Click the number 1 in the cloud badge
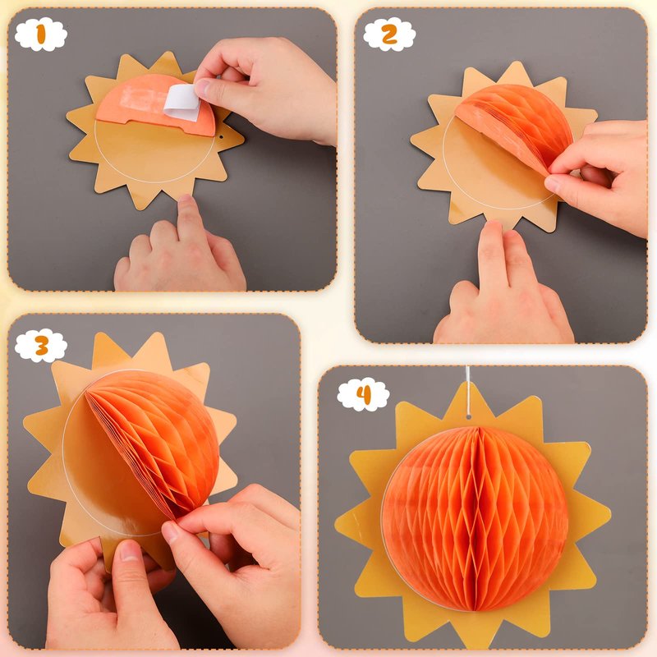(40, 34)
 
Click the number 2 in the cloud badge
(389, 34)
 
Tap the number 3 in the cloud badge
(41, 345)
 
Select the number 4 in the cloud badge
(363, 394)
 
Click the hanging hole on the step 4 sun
(468, 416)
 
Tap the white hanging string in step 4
(468, 390)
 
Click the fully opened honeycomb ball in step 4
(475, 518)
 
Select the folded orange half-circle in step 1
(156, 106)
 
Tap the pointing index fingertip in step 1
(186, 202)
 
